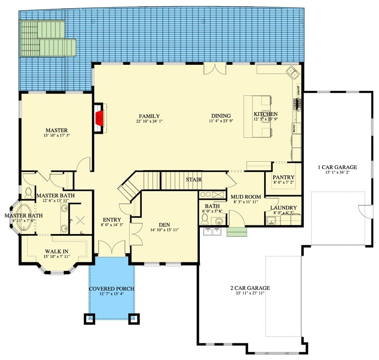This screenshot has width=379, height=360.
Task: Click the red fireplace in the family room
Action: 100,118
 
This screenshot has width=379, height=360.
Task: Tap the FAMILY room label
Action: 149,116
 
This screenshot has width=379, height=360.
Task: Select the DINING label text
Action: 220,116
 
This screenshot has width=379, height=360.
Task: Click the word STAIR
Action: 194,180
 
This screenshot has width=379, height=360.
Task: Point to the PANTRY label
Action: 284,177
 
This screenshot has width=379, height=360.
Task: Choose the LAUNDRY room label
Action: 284,208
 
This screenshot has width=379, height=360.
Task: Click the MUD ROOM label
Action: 246,197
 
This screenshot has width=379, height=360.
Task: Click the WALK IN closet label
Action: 56,252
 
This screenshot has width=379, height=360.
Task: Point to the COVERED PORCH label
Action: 112,288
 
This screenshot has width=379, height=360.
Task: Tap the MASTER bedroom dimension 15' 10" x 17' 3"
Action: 56,135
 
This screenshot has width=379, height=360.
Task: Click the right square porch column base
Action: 134,319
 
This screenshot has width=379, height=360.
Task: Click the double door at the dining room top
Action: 214,68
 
